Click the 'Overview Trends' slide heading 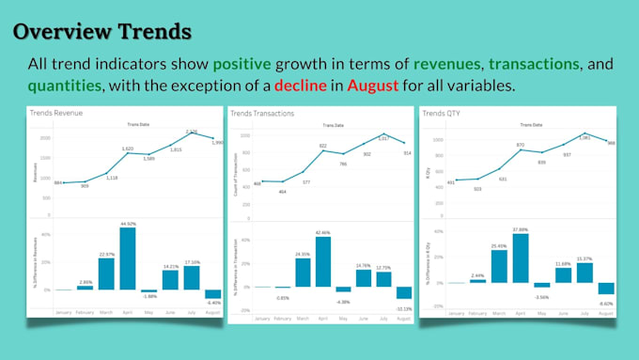click(x=102, y=31)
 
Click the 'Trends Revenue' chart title click(x=55, y=114)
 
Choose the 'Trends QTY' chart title click(x=444, y=114)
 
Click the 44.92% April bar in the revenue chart click(x=128, y=258)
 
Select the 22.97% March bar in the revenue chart click(x=106, y=274)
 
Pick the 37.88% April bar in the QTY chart click(x=520, y=258)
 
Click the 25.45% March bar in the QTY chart click(x=498, y=266)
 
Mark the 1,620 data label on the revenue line click(x=128, y=149)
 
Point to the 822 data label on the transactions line click(x=322, y=146)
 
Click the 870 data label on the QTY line click(x=520, y=145)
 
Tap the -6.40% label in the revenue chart click(x=213, y=303)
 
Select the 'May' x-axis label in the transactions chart click(x=343, y=318)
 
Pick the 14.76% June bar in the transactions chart click(x=365, y=277)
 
